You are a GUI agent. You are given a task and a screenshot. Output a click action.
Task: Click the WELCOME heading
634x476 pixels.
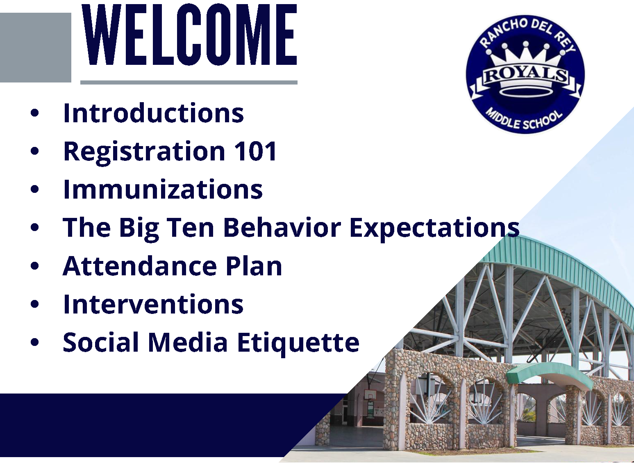(x=189, y=35)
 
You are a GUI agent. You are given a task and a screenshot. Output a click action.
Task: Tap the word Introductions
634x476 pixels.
(x=153, y=113)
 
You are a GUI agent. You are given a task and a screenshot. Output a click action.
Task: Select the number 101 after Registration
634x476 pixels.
(x=255, y=151)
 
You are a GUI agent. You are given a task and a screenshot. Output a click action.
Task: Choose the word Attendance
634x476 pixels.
(x=140, y=266)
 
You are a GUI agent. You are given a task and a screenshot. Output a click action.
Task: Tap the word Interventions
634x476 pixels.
(x=153, y=304)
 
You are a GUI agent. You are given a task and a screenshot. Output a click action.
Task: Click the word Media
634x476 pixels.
(x=188, y=342)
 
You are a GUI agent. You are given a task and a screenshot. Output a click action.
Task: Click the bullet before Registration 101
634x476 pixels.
(x=34, y=151)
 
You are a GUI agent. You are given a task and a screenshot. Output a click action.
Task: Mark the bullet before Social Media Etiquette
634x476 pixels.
(x=34, y=342)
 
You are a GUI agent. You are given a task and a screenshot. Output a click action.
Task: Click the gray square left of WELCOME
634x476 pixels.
(x=36, y=48)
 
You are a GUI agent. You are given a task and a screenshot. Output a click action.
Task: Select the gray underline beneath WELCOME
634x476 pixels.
(x=189, y=82)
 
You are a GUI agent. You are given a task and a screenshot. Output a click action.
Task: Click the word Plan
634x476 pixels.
(x=254, y=266)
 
